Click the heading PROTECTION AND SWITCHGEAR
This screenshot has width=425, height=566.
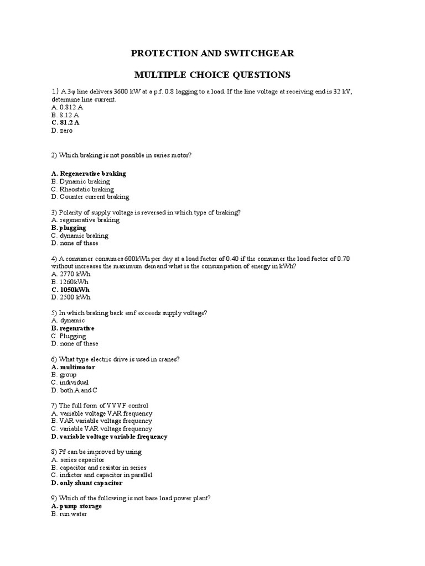(x=212, y=54)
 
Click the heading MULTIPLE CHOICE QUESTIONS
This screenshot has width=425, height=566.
(x=212, y=75)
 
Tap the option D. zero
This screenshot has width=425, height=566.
(x=61, y=130)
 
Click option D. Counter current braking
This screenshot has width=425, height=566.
(x=90, y=197)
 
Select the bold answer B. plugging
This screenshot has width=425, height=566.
(x=69, y=228)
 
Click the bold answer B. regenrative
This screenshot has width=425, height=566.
(x=72, y=328)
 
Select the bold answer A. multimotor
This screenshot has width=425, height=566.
(x=73, y=367)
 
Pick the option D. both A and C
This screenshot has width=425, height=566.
(x=70, y=390)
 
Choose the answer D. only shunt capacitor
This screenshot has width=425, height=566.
(x=87, y=483)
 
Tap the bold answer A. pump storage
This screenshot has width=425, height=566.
(x=76, y=506)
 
